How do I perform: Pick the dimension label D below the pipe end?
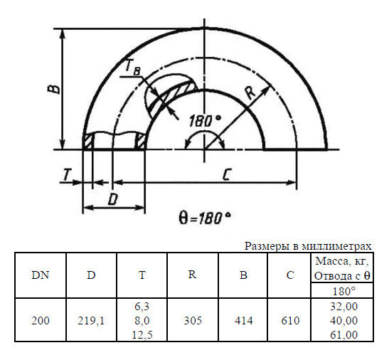[x=112, y=198]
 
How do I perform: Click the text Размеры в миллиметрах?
[x=308, y=245]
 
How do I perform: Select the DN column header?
[x=41, y=275]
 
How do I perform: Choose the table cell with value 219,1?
[x=92, y=320]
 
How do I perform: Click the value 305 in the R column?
[x=192, y=320]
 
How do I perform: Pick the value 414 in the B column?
[x=243, y=320]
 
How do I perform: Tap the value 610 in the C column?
[x=290, y=320]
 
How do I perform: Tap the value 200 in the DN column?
[x=41, y=320]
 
